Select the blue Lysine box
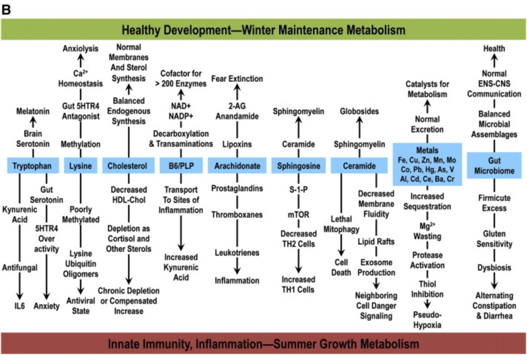coord(80,166)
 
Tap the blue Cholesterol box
coord(127,166)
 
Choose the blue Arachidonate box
coord(237,166)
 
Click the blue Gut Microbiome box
coord(494,165)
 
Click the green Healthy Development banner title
coord(264,30)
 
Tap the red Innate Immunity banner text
coord(264,344)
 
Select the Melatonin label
coord(33,112)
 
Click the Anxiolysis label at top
coord(80,49)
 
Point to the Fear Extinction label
coord(237,79)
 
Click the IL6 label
coord(19,306)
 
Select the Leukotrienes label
coord(237,253)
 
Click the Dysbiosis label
coord(494,268)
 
